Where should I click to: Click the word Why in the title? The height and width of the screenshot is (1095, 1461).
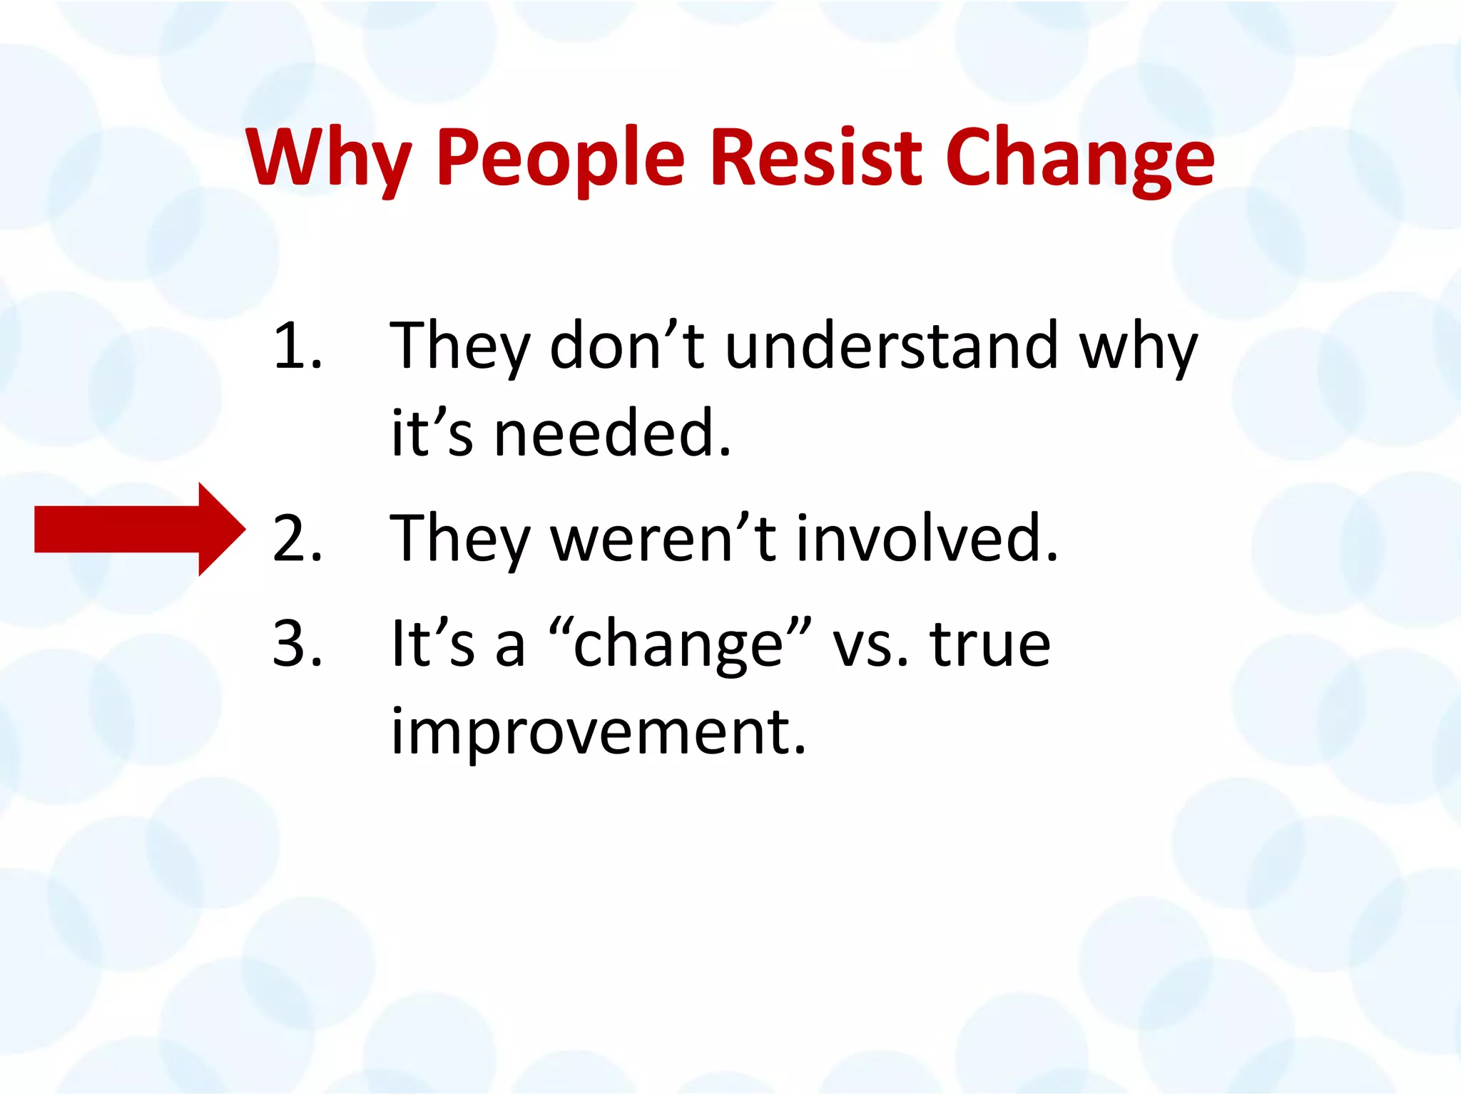click(330, 158)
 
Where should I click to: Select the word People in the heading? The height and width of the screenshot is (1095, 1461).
click(561, 158)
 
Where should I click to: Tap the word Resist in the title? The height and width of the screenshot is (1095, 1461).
click(816, 158)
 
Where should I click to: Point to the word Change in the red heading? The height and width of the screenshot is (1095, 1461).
click(1080, 158)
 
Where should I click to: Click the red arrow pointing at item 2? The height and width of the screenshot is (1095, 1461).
click(140, 529)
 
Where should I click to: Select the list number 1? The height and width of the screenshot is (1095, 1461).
click(297, 346)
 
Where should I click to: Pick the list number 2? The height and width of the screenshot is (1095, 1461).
click(297, 539)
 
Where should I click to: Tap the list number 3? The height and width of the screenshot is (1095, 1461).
click(297, 644)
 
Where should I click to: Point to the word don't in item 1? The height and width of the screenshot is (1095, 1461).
click(626, 346)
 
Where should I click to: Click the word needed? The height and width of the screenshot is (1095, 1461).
click(612, 433)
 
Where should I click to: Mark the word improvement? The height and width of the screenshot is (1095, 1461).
click(598, 731)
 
